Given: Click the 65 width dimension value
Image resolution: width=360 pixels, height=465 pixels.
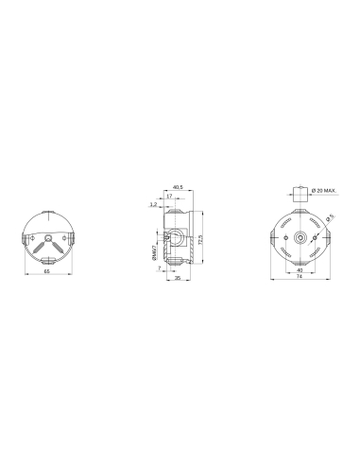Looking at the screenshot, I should (x=47, y=271).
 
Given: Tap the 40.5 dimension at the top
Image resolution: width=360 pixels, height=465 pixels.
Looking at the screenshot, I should (x=178, y=187).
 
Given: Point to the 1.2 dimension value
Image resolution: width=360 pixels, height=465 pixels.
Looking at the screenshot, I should (x=154, y=203).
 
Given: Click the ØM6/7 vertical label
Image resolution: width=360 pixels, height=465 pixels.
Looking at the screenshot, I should (x=153, y=252).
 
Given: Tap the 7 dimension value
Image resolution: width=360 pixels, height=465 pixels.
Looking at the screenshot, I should (x=160, y=268).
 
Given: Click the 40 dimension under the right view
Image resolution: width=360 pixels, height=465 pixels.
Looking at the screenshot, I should (x=300, y=269).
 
